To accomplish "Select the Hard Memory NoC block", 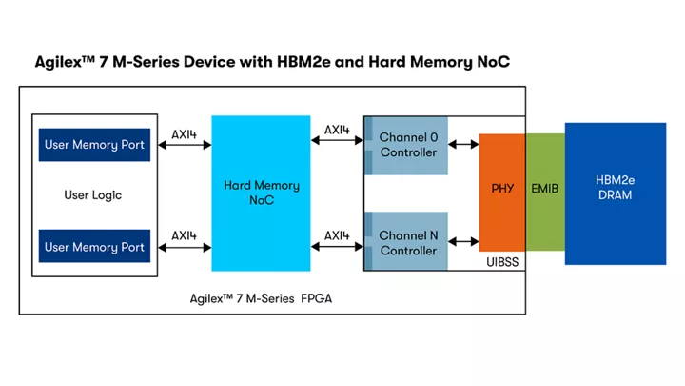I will click(x=261, y=193).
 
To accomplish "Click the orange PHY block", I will click(x=502, y=188).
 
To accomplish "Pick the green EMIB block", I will click(x=544, y=189).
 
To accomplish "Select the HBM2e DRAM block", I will click(x=613, y=188).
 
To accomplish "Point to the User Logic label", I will click(x=92, y=195).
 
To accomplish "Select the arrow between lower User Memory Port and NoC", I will click(x=185, y=248).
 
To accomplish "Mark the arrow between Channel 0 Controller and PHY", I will click(x=463, y=146).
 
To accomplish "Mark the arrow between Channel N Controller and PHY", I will click(x=463, y=243).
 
